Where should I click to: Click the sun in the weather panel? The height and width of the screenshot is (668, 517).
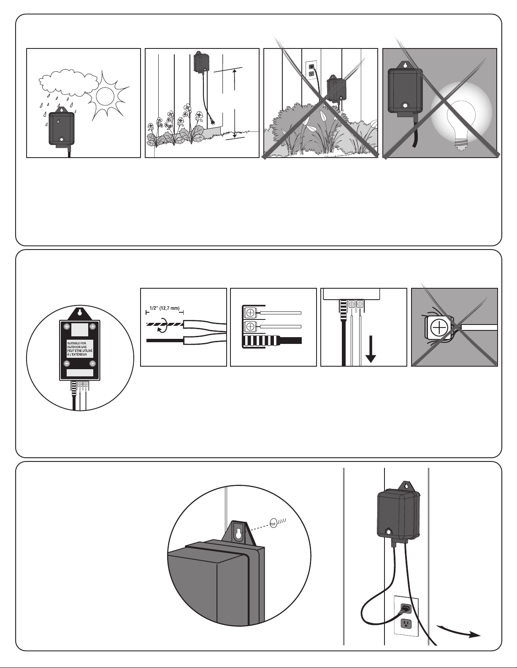pyautogui.click(x=105, y=96)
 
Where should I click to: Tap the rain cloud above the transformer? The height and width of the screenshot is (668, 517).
pyautogui.click(x=68, y=82)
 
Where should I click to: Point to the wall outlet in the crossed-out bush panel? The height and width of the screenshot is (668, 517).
pyautogui.click(x=311, y=70)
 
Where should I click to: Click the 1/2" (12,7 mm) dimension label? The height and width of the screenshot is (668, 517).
pyautogui.click(x=164, y=308)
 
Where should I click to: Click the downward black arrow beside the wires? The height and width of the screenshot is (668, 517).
pyautogui.click(x=371, y=349)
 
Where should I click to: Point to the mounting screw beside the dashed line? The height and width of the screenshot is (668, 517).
pyautogui.click(x=276, y=522)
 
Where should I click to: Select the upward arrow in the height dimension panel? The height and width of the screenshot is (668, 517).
pyautogui.click(x=235, y=80)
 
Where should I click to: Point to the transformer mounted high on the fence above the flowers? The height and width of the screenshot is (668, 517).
pyautogui.click(x=200, y=62)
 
